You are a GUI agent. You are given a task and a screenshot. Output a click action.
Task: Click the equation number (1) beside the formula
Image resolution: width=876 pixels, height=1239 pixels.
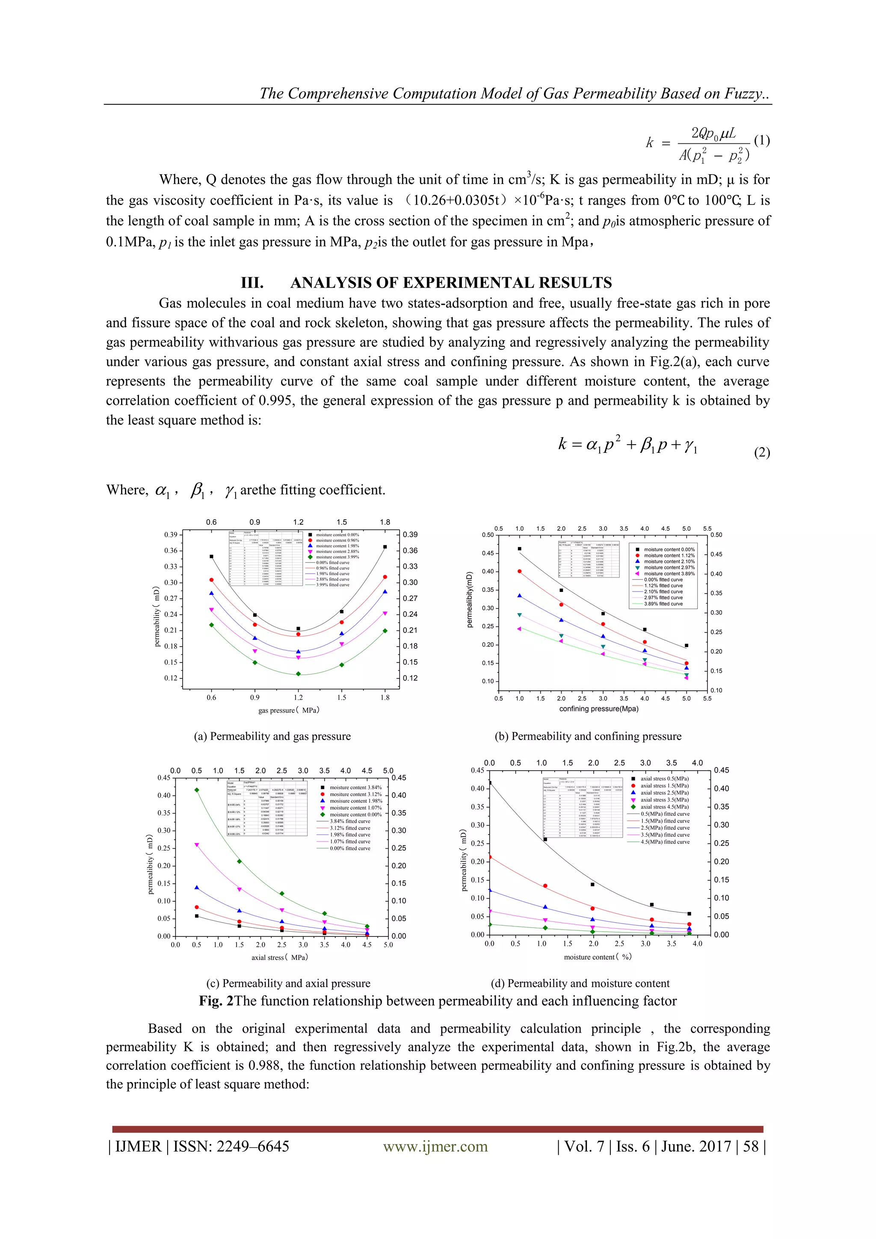click(x=761, y=141)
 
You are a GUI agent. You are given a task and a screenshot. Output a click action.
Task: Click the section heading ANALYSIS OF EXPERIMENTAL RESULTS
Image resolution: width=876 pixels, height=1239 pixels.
click(x=451, y=283)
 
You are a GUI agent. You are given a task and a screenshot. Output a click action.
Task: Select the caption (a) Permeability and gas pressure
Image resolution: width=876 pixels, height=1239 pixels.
click(x=272, y=736)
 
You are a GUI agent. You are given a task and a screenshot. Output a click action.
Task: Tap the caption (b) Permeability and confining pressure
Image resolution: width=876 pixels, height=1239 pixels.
click(x=588, y=736)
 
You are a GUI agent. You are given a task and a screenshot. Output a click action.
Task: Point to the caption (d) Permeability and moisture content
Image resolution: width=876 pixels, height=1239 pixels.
click(x=580, y=983)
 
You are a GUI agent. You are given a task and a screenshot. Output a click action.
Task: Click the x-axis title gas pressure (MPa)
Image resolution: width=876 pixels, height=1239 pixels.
click(x=289, y=710)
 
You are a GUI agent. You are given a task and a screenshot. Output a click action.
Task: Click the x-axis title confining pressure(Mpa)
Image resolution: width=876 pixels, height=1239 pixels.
click(x=599, y=709)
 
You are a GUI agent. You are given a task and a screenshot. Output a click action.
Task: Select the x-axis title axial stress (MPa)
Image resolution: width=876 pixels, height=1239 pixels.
click(x=279, y=957)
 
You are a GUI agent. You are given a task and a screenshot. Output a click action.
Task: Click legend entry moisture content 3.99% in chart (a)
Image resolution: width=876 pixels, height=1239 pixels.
click(x=337, y=557)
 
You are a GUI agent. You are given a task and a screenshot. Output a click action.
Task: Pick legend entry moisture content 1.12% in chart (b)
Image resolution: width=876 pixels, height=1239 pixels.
click(x=669, y=555)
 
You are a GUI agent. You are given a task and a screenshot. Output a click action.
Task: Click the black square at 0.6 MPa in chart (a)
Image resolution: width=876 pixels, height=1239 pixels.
click(x=211, y=556)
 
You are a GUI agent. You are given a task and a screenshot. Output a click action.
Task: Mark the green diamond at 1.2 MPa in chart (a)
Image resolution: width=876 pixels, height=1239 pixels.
click(x=298, y=674)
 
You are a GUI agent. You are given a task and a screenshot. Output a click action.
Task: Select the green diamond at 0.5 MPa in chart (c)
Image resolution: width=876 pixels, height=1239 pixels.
click(x=197, y=790)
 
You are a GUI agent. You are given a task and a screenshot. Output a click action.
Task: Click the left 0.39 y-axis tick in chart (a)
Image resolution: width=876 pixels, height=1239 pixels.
click(x=171, y=535)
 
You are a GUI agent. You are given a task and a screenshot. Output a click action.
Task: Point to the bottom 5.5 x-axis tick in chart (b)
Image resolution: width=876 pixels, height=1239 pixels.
click(x=707, y=698)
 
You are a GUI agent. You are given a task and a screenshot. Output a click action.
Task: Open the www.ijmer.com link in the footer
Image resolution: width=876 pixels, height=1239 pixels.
click(x=435, y=1146)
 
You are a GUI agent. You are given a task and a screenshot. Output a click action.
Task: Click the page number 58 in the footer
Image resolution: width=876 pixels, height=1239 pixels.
click(x=750, y=1146)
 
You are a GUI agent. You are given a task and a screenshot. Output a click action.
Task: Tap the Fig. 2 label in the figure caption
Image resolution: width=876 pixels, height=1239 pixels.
click(x=216, y=1001)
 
